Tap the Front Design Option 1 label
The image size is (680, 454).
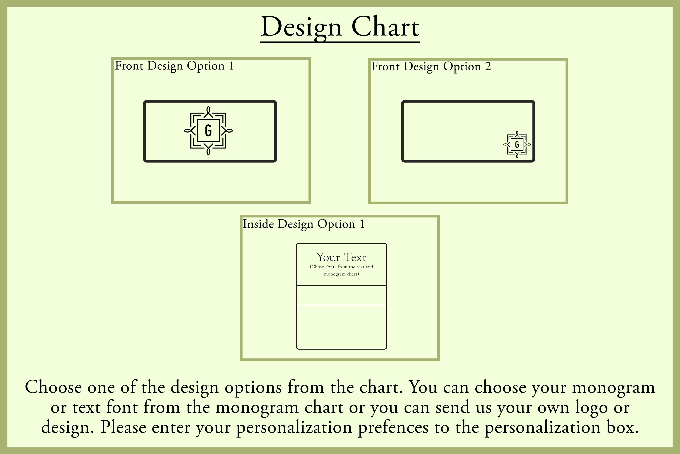[174, 66]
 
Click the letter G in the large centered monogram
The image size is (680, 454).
[208, 131]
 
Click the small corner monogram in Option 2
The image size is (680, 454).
[517, 144]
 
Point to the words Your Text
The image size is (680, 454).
[341, 257]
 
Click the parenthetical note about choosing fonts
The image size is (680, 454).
[341, 270]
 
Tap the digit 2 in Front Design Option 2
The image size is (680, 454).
[488, 67]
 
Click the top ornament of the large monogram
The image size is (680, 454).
[208, 112]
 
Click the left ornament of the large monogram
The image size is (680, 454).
[190, 131]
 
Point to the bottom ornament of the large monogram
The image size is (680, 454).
[208, 149]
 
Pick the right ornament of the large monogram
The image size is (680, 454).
[227, 131]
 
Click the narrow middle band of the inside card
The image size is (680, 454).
[341, 295]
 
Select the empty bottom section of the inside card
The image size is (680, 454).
[341, 327]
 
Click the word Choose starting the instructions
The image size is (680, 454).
[53, 387]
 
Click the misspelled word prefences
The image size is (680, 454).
[393, 427]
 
